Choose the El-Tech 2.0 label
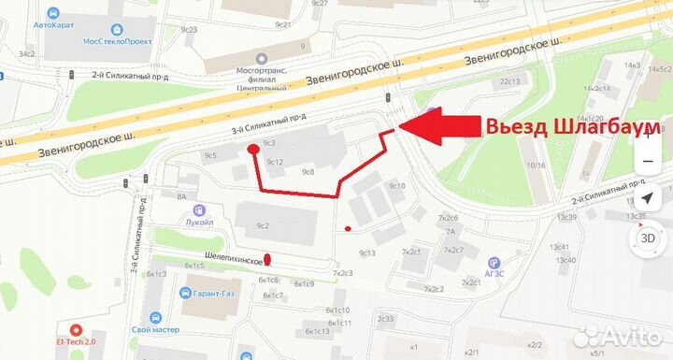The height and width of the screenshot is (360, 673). pyautogui.click(x=77, y=343)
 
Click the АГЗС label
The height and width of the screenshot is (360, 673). pyautogui.click(x=495, y=276)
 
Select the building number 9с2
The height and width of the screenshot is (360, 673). pyautogui.click(x=263, y=226)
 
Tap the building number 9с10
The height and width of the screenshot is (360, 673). pyautogui.click(x=396, y=186)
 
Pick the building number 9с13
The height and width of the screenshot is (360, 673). pyautogui.click(x=366, y=252)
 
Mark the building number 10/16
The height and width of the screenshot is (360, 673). pyautogui.click(x=536, y=166)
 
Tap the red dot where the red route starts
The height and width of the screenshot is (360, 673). pyautogui.click(x=252, y=149)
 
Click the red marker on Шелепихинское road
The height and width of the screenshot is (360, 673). pyautogui.click(x=267, y=260)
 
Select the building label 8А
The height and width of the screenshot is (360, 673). pyautogui.click(x=181, y=195)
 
